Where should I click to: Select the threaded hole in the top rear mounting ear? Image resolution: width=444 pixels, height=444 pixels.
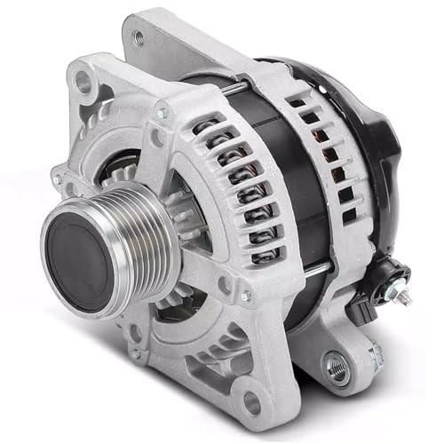(x=138, y=38)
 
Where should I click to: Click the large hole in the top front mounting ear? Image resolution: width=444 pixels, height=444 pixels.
(x=83, y=83)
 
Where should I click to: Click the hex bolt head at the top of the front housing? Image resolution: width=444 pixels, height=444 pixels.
(x=163, y=113)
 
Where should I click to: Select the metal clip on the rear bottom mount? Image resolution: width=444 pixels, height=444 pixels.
(x=373, y=355)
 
